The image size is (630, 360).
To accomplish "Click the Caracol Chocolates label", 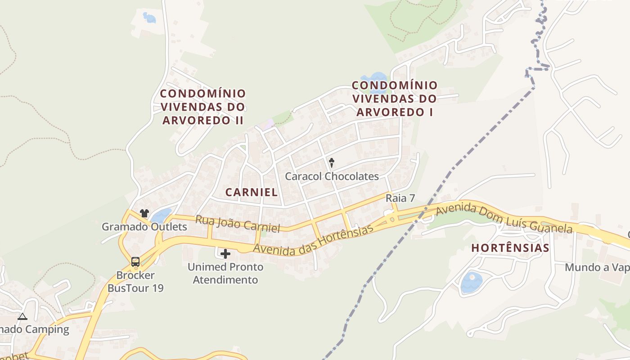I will tap(332, 176).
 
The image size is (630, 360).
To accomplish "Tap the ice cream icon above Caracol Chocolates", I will tap(332, 162).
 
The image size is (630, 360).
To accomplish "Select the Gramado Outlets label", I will tap(144, 227).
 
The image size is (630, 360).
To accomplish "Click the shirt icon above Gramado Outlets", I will tap(144, 213).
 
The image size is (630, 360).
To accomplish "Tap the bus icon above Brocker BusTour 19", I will tap(135, 261).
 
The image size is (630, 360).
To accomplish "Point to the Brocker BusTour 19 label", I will tap(135, 282).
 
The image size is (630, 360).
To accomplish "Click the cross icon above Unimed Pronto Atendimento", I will tap(225, 254).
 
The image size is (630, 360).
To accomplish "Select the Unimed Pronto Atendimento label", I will tap(225, 274).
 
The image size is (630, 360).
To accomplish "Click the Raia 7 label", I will tap(400, 198).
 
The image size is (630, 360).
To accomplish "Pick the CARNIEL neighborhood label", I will tap(252, 192).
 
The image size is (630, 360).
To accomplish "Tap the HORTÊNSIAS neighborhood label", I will tap(510, 248).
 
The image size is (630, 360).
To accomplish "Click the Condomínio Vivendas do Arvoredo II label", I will tap(203, 107).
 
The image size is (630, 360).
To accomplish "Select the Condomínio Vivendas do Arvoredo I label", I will tap(394, 99).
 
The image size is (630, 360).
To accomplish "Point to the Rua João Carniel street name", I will tap(238, 224).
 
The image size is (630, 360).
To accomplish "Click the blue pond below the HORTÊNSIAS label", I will tap(471, 282).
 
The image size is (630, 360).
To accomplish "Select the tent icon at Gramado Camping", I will tap(22, 316).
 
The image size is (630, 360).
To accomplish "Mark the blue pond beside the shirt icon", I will tap(161, 216).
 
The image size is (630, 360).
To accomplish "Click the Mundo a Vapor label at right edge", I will tap(597, 268).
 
